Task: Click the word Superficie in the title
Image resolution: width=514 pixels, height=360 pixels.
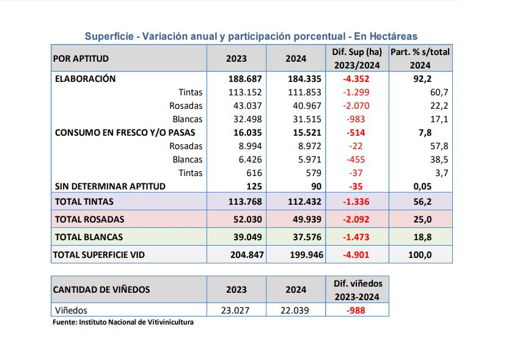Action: click(x=109, y=37)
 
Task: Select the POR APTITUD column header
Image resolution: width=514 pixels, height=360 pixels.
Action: click(x=81, y=59)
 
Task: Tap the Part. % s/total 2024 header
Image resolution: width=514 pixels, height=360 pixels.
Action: click(x=420, y=58)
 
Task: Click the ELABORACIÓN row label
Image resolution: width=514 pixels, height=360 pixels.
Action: click(x=85, y=79)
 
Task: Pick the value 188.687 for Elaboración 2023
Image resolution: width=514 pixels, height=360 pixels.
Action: click(x=245, y=79)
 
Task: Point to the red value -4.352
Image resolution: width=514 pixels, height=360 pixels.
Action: click(x=356, y=79)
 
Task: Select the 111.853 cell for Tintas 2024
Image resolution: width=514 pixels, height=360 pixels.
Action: click(x=304, y=92)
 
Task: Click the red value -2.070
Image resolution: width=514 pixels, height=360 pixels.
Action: click(x=356, y=106)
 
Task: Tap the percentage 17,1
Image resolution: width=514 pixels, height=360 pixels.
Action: click(x=439, y=119)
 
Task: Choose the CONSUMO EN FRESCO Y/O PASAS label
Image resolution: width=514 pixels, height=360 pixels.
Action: click(x=125, y=133)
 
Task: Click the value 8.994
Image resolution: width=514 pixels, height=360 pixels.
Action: click(x=250, y=146)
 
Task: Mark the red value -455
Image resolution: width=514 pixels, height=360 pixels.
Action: click(x=356, y=160)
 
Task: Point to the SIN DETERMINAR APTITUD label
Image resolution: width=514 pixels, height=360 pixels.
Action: click(x=110, y=186)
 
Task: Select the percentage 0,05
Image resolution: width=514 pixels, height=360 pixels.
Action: click(x=422, y=186)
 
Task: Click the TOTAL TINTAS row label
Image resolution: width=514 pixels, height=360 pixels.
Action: click(x=84, y=202)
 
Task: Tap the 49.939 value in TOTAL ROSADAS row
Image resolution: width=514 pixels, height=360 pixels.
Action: click(x=307, y=219)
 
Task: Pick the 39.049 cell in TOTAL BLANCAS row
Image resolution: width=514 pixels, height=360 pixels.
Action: click(x=248, y=237)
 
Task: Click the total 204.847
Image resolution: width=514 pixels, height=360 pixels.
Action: click(x=247, y=255)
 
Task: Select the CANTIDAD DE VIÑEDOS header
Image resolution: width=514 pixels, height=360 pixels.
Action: click(x=101, y=290)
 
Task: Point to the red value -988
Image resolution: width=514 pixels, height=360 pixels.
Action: click(x=356, y=310)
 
